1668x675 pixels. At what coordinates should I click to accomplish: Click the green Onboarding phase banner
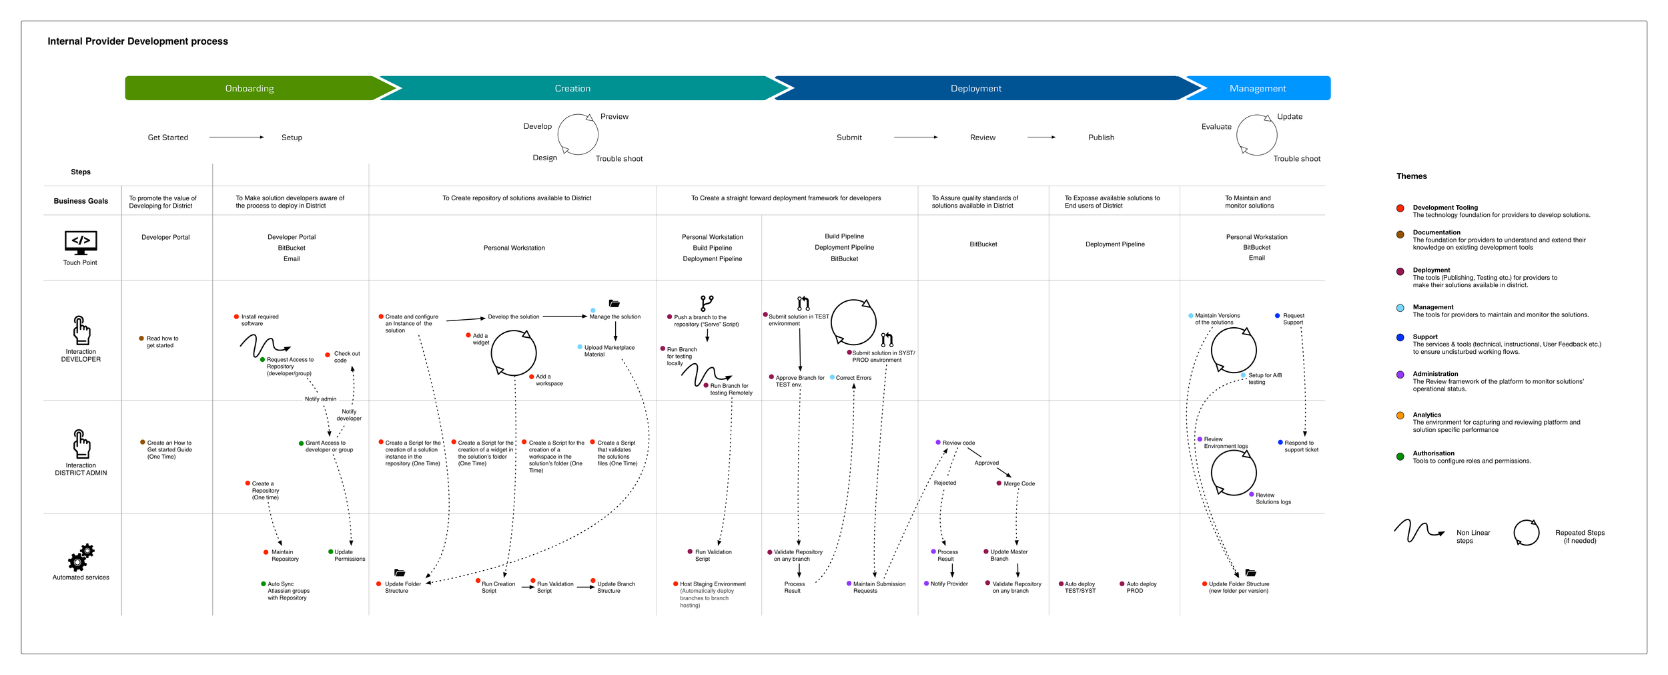[250, 88]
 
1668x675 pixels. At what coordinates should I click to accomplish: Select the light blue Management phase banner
[1258, 88]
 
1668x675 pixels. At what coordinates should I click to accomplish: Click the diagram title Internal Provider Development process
[137, 41]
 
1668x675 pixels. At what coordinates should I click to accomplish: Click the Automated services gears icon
[81, 557]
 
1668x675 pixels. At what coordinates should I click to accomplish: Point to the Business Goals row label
[81, 201]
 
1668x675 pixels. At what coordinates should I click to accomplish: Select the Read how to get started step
[161, 342]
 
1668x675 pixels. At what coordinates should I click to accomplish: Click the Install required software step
[259, 320]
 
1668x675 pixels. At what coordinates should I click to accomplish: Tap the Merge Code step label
[1019, 483]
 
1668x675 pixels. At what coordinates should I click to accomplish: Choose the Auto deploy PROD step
[1140, 587]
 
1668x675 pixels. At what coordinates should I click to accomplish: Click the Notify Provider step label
[949, 584]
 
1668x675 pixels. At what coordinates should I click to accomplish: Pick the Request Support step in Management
[1292, 319]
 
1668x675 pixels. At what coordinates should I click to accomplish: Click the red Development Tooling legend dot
[1400, 208]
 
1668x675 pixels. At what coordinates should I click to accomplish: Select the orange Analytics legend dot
[1400, 415]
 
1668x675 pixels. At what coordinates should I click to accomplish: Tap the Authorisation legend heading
[1433, 453]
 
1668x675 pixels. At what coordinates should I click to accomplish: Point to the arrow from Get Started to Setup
[236, 138]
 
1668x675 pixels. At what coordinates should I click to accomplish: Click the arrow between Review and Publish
[1041, 138]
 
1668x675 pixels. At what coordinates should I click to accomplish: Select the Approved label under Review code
[986, 463]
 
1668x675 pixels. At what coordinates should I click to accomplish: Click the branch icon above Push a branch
[707, 303]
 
